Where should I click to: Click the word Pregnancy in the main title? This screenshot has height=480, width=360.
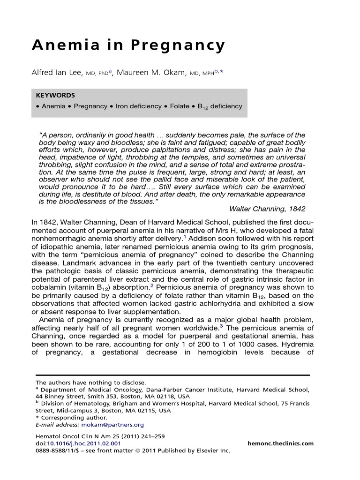[x=178, y=46]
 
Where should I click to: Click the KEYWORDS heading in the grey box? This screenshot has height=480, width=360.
[x=55, y=95]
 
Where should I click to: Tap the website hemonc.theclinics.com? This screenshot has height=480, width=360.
[x=280, y=443]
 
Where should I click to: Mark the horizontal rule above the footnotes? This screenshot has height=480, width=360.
[x=173, y=375]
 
